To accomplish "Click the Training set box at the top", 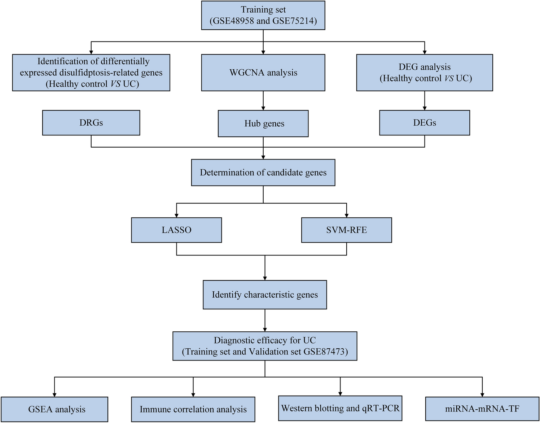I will click(263, 15).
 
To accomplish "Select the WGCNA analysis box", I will click(263, 73).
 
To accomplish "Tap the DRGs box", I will click(91, 123).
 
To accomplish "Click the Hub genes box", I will click(263, 123).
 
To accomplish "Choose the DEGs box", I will click(424, 123).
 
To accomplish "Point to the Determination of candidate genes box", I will click(263, 173).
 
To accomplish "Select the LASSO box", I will click(176, 230).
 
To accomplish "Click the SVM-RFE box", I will click(346, 230).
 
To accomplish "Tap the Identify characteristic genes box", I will click(265, 295).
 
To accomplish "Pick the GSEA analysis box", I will click(54, 409).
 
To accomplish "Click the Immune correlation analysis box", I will click(193, 409).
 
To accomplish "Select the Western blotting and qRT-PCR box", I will click(340, 408).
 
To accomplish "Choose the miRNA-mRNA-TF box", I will click(482, 409).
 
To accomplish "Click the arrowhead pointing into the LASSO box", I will click(176, 215).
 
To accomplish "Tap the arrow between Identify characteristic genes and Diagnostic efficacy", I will click(265, 320).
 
